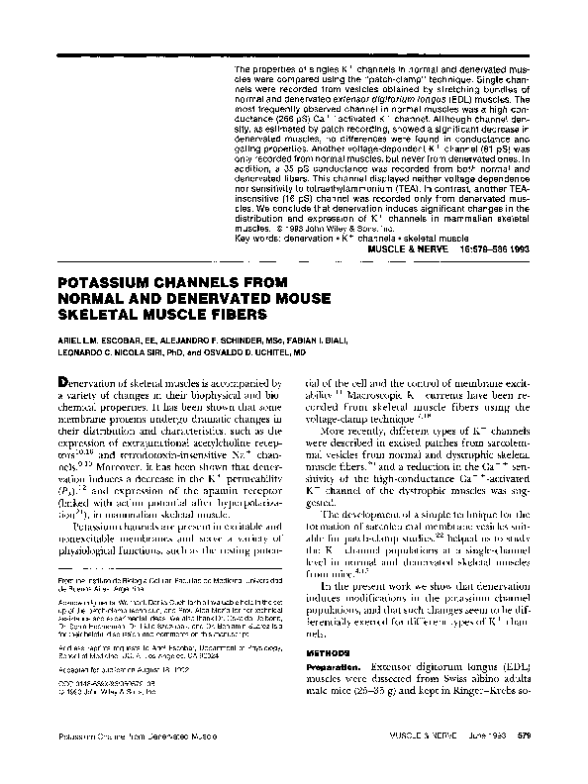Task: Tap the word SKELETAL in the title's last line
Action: (80, 314)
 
